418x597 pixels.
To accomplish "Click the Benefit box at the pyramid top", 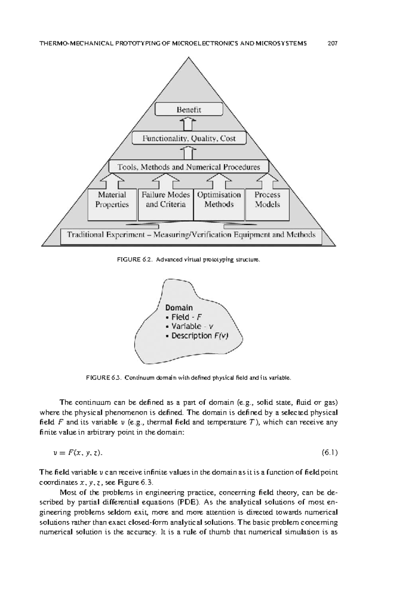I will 189,109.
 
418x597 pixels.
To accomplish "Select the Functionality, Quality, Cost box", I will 189,138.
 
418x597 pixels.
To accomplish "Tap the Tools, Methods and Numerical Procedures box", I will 189,167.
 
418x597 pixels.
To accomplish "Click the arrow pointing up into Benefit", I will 189,124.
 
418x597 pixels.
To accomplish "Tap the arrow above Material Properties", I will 112,181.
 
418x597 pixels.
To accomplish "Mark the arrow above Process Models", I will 267,181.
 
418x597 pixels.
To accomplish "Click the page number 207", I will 333,44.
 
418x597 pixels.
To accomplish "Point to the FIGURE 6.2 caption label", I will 139,260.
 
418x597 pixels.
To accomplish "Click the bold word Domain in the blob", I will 179,308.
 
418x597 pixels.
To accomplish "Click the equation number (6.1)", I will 329,453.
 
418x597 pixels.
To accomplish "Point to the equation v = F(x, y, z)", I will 78,453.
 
